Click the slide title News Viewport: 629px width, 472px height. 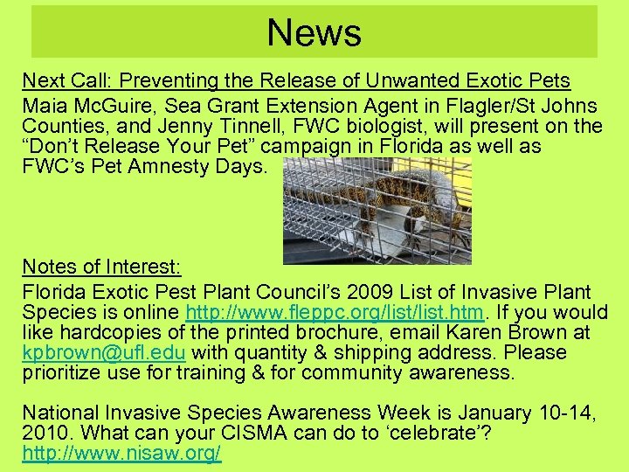coord(314,33)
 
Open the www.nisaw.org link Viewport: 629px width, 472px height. coord(121,453)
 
